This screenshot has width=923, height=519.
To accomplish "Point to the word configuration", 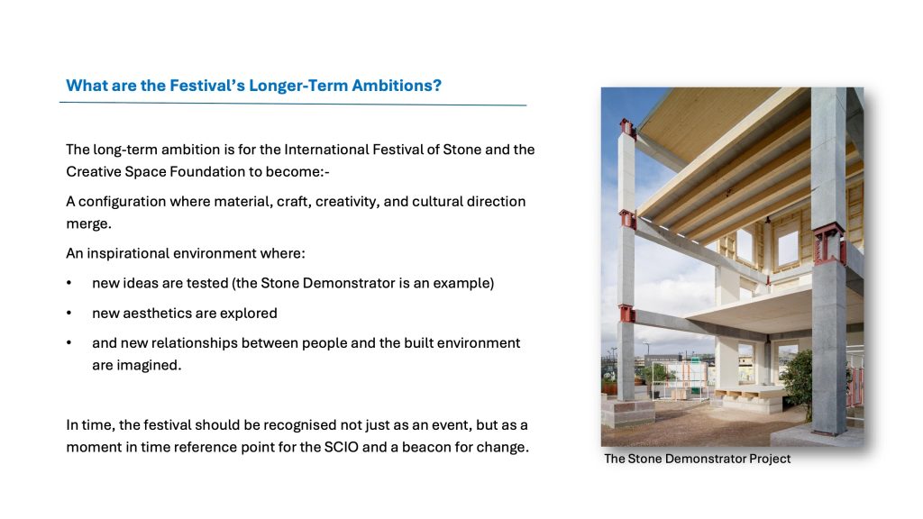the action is [x=122, y=202].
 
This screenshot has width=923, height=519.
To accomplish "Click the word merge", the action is [x=87, y=224].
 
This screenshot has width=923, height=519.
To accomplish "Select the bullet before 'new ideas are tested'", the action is [x=69, y=283].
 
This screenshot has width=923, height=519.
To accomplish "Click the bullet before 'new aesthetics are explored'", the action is [x=69, y=313].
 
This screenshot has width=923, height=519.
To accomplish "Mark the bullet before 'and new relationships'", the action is [x=69, y=342].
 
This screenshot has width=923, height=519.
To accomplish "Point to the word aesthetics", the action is [x=157, y=313].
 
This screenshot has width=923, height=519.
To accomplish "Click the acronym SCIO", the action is [x=341, y=447].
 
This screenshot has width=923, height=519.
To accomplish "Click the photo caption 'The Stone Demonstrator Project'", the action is [x=697, y=459].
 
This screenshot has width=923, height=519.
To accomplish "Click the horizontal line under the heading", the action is [x=293, y=105].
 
